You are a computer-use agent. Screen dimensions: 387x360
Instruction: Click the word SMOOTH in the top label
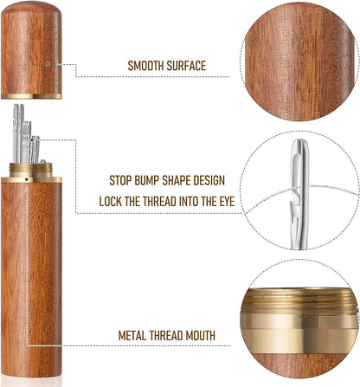click(148, 66)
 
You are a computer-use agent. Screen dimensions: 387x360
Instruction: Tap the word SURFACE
click(191, 66)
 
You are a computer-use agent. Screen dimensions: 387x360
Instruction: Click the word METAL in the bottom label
click(138, 335)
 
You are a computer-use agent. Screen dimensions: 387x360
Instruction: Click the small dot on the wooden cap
click(46, 63)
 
